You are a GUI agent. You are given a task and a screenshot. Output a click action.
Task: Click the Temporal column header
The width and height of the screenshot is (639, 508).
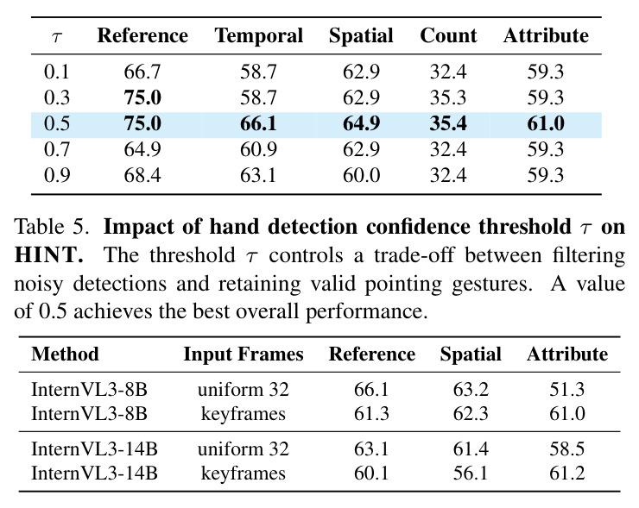pyautogui.click(x=259, y=35)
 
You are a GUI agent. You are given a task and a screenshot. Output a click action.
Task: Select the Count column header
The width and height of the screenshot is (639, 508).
pyautogui.click(x=448, y=35)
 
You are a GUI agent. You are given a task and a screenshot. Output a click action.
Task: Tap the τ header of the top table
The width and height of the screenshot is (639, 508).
pyautogui.click(x=57, y=37)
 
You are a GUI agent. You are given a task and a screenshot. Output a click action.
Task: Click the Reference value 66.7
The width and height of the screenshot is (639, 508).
pyautogui.click(x=142, y=72)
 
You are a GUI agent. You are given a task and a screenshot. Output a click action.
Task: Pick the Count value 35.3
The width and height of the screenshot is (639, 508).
pyautogui.click(x=448, y=97)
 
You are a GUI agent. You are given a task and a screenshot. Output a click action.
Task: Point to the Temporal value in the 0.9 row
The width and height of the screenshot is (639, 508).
pyautogui.click(x=258, y=175)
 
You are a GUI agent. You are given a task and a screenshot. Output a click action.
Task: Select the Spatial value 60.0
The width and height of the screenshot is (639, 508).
pyautogui.click(x=362, y=175)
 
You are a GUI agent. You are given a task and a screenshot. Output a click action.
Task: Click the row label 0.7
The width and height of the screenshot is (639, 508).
pyautogui.click(x=57, y=149)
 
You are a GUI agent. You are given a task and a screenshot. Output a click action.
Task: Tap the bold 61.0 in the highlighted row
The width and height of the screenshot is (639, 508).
pyautogui.click(x=546, y=123)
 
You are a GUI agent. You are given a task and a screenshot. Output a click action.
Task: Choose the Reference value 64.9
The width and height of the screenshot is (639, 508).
pyautogui.click(x=142, y=149)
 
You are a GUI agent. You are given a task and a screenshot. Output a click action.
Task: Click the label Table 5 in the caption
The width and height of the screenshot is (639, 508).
pyautogui.click(x=51, y=226)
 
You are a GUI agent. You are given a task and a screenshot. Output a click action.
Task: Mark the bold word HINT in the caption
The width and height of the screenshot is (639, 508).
pyautogui.click(x=48, y=254)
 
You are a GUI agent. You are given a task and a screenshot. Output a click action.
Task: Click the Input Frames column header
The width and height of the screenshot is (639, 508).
pyautogui.click(x=244, y=354)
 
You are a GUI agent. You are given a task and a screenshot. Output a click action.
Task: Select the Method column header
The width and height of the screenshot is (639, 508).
pyautogui.click(x=66, y=354)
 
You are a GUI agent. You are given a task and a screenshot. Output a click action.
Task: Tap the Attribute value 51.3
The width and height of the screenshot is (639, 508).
pyautogui.click(x=566, y=389)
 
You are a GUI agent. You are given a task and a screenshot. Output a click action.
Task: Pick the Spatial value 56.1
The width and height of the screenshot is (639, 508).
pyautogui.click(x=471, y=473)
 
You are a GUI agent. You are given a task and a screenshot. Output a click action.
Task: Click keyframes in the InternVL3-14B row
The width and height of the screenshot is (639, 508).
pyautogui.click(x=244, y=474)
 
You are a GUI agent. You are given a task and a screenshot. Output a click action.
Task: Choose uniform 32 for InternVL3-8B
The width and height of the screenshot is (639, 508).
pyautogui.click(x=244, y=389)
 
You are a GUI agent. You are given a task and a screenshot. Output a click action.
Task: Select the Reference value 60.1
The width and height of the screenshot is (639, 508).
pyautogui.click(x=371, y=473)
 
